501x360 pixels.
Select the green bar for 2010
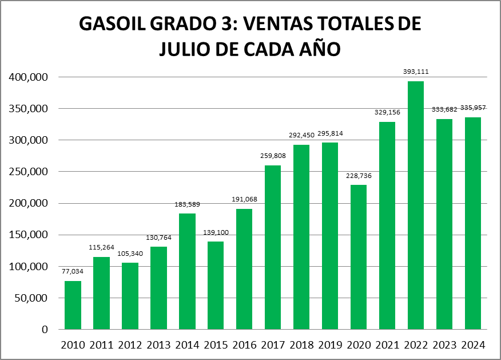point(73,305)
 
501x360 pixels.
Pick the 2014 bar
point(187,271)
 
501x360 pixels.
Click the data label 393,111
point(416,72)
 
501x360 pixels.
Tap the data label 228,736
point(359,176)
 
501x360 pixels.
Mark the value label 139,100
point(216,233)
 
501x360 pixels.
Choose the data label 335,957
point(473,108)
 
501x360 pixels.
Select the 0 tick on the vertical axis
point(44,330)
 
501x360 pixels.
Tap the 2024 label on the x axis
point(473,345)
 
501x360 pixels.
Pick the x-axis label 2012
point(130,345)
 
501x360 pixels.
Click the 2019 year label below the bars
point(330,345)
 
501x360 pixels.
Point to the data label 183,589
point(187,204)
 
